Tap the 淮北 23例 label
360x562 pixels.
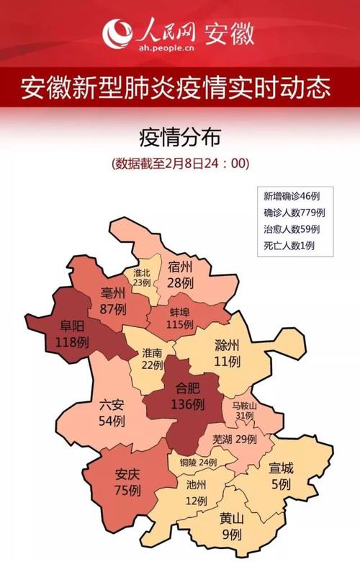click(142, 277)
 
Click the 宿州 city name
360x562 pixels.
click(180, 267)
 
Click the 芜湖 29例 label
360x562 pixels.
click(235, 439)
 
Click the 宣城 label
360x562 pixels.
click(281, 468)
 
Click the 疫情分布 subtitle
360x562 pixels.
click(179, 136)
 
